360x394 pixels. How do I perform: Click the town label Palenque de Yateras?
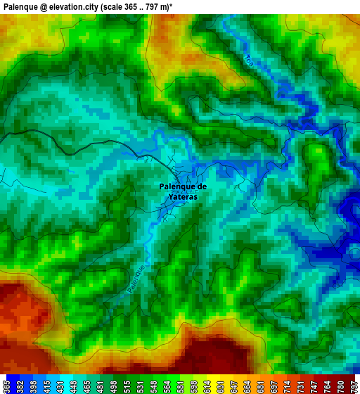(x=183, y=192)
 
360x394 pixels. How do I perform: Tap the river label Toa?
(x=248, y=61)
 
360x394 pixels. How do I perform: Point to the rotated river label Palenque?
(x=137, y=279)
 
